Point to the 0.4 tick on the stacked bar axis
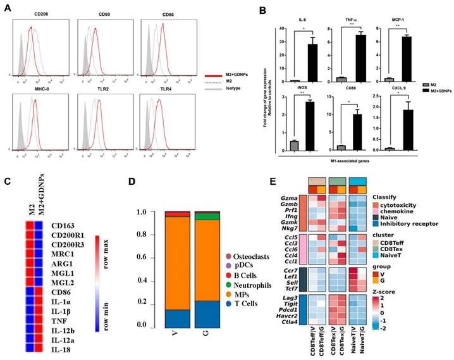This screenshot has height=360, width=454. (143, 280)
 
